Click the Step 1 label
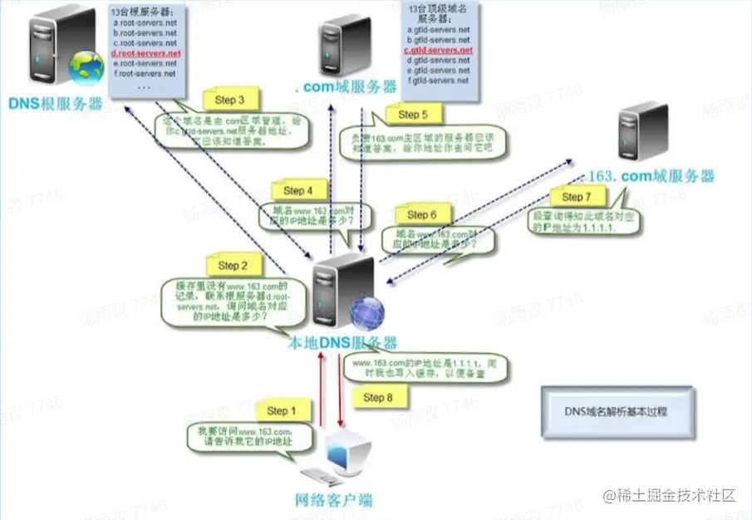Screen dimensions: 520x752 coord(282,410)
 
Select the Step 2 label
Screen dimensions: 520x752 coord(233,266)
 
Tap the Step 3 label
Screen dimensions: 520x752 coord(229,101)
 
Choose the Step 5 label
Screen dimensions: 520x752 coord(413,115)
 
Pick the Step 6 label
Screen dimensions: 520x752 coord(422,215)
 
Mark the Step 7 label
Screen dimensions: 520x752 coord(578,197)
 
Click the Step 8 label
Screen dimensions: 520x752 coord(378,397)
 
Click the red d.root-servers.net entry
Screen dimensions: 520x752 coord(145,53)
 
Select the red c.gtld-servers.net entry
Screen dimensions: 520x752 coord(438,51)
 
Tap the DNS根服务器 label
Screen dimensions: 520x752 coord(56,104)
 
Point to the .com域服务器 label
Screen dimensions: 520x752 coord(342,87)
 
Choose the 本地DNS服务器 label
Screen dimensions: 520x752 coord(342,342)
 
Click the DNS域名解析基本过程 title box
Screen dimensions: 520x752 coord(616,411)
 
